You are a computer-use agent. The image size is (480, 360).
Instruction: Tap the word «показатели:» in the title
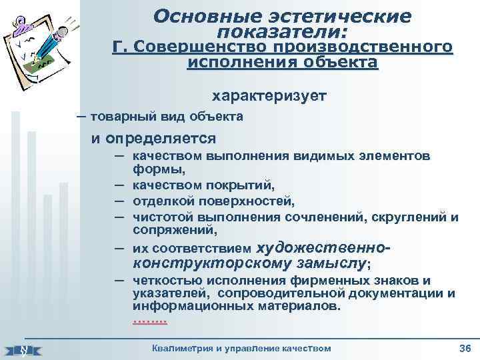[x=283, y=31]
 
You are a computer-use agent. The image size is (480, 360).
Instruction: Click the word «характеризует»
[x=269, y=96]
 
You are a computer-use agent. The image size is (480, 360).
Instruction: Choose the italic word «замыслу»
[x=333, y=263]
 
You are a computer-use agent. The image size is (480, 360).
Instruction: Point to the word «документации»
[x=402, y=293]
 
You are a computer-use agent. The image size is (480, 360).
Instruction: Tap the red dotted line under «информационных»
[x=150, y=321]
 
